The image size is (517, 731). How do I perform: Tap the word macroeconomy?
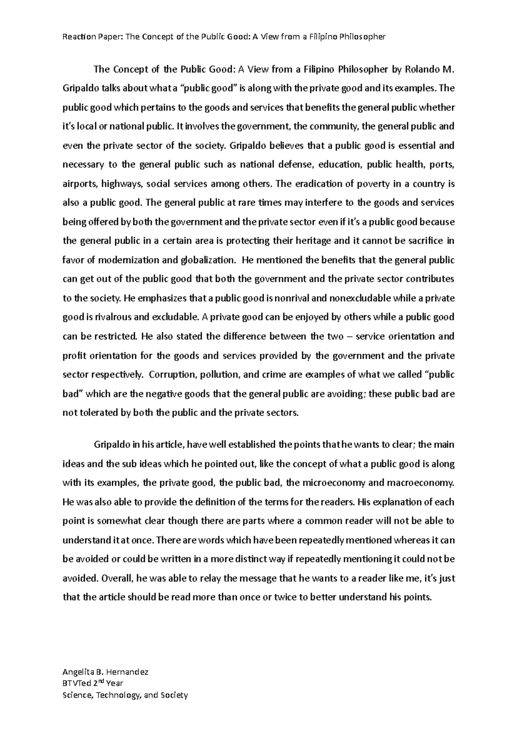[420, 483]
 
